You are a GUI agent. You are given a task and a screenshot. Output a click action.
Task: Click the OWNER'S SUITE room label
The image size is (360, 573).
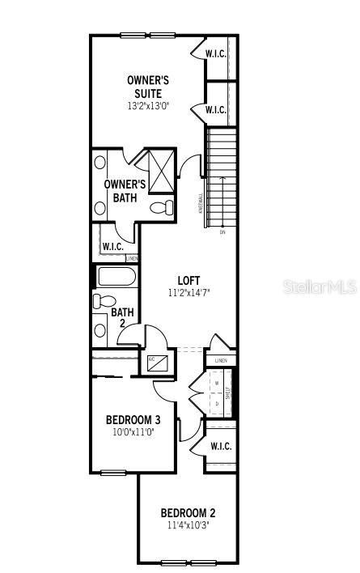pos(147,87)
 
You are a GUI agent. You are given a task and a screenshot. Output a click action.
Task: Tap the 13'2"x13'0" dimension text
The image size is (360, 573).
pos(147,106)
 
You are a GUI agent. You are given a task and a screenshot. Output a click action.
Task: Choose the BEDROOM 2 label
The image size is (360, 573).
pos(188,512)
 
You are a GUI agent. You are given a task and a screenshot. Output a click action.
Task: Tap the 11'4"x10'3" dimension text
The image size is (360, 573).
pos(188,525)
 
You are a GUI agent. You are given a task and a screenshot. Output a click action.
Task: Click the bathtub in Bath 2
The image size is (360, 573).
pos(116,278)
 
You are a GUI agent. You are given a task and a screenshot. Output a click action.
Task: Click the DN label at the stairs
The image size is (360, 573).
pos(222,232)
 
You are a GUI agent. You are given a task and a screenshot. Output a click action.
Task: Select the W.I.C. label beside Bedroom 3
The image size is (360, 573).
pos(221,446)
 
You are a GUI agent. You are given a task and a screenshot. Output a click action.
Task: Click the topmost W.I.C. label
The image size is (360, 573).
pos(215,54)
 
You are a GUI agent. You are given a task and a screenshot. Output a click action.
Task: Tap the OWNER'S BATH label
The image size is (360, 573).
pos(124,190)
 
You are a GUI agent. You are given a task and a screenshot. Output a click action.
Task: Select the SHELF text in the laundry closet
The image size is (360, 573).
pos(230,393)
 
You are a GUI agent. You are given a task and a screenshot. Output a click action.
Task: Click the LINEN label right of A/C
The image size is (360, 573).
pos(221,360)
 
